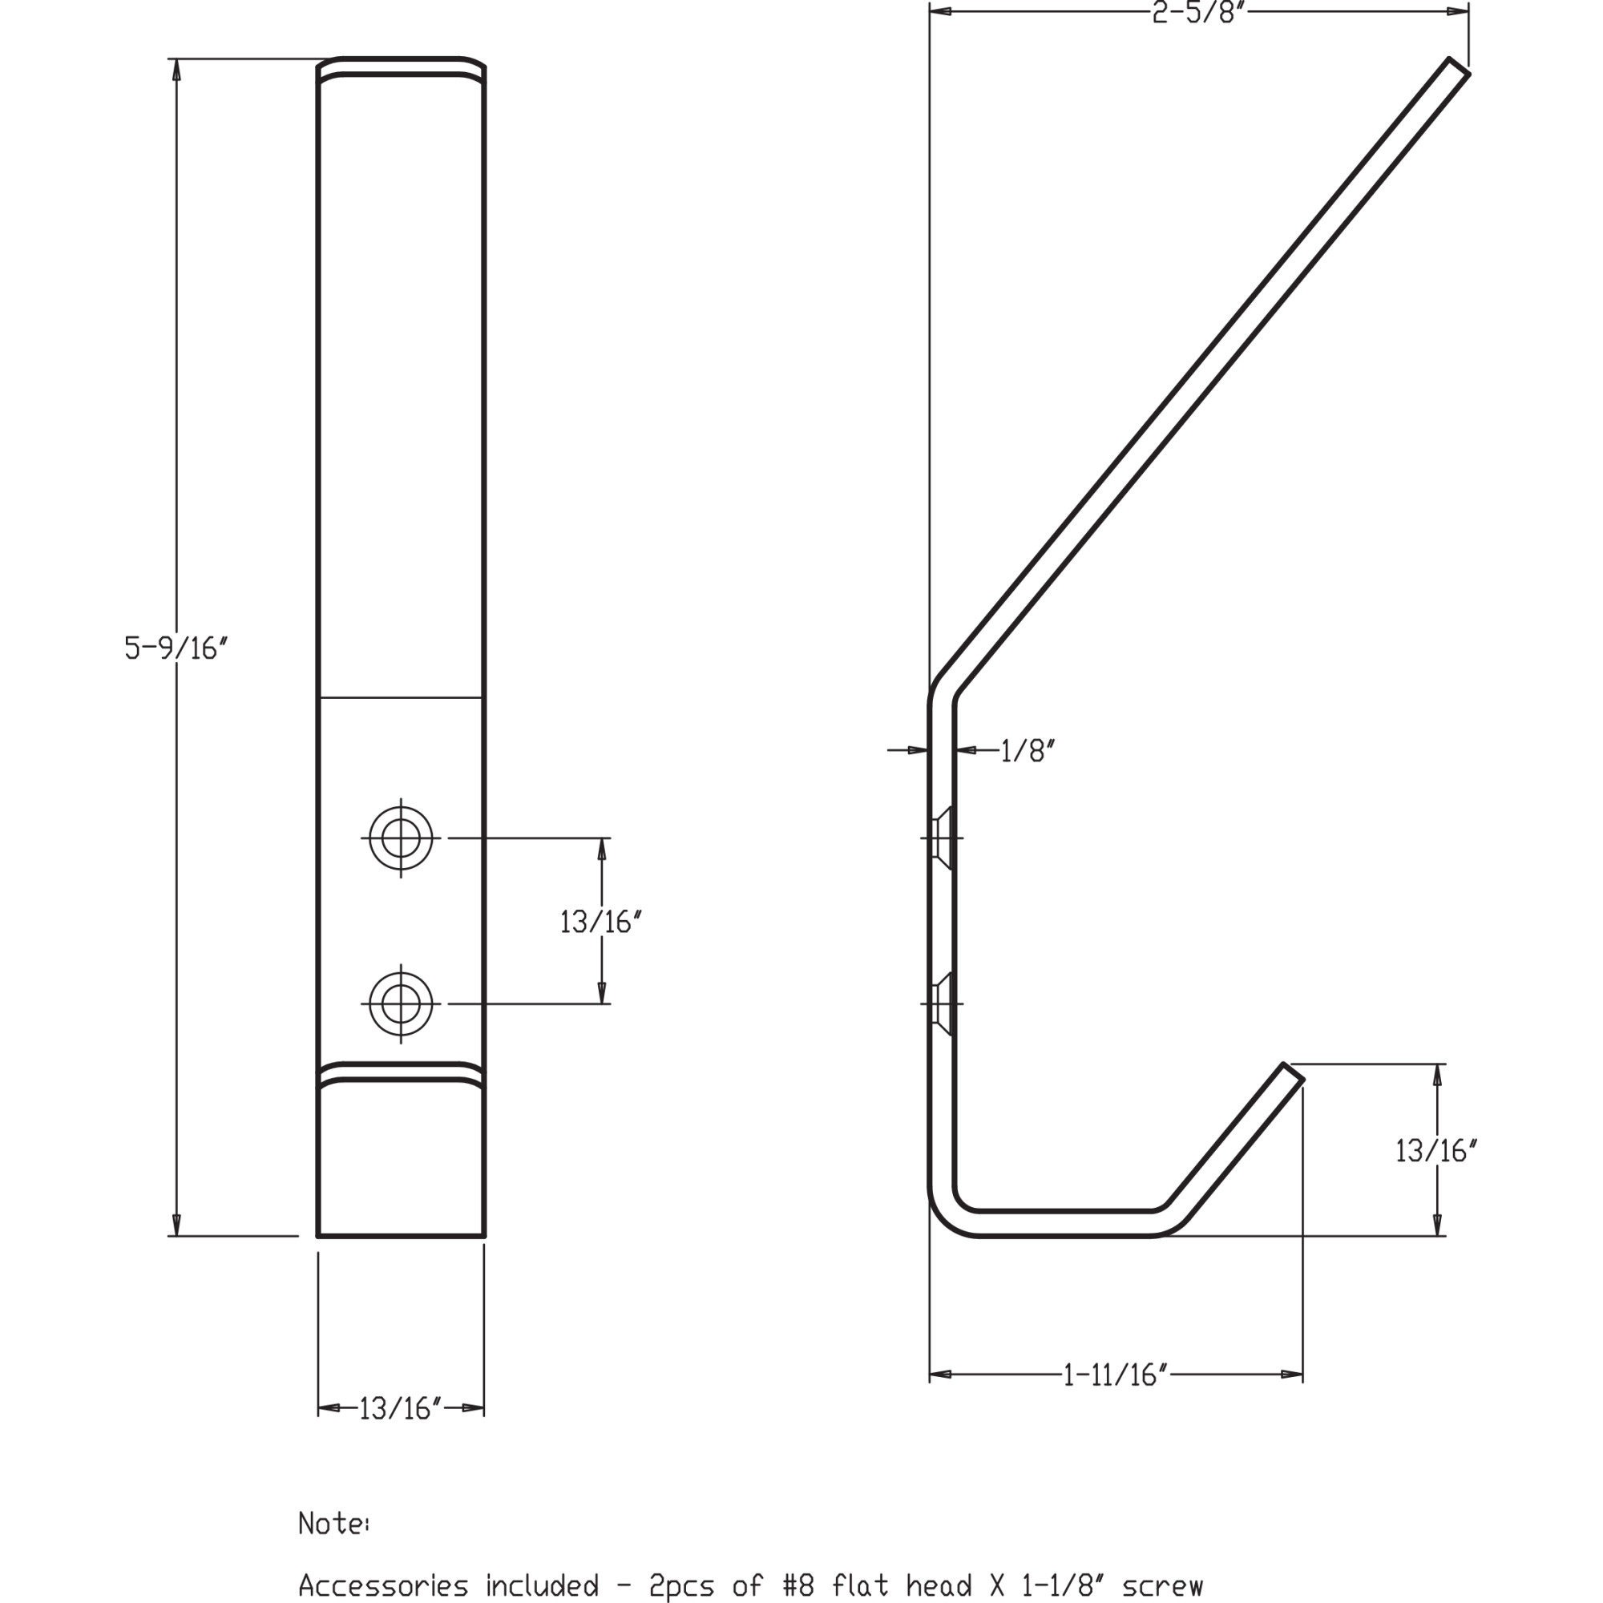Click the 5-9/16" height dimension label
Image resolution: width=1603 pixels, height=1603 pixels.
176,648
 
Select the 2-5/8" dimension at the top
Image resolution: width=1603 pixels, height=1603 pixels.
1200,14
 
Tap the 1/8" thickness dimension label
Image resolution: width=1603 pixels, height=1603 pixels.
1028,751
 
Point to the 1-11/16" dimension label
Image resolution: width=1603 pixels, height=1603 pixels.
1116,1375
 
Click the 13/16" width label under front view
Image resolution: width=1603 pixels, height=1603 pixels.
401,1408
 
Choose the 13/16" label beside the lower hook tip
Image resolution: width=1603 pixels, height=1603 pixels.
1437,1151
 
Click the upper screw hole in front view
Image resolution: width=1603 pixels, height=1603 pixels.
401,838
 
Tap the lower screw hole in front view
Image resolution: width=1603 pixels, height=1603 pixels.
401,1004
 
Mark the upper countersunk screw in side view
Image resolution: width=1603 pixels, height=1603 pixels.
942,838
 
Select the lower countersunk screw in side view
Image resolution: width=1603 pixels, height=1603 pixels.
942,1004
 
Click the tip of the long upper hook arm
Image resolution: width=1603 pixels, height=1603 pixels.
1460,67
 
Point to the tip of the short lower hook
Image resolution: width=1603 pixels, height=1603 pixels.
1294,1071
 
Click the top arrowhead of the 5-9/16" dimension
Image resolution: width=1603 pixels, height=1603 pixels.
176,70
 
